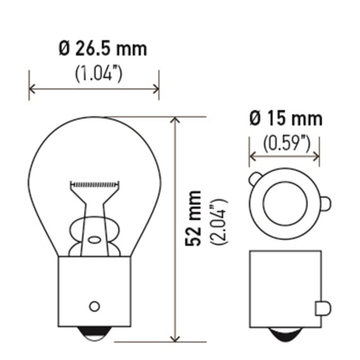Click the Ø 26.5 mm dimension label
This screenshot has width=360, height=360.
click(103, 49)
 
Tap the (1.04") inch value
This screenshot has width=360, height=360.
click(99, 73)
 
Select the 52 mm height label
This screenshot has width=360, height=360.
click(193, 219)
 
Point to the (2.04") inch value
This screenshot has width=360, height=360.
click(219, 222)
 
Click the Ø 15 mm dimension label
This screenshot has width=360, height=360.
click(286, 119)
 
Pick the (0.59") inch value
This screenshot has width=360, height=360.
click(287, 144)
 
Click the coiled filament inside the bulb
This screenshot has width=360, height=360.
click(95, 184)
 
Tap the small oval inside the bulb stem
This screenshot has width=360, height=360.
click(95, 240)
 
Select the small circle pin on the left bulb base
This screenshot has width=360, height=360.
click(94, 306)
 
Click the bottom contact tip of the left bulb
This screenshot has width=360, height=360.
click(94, 333)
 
